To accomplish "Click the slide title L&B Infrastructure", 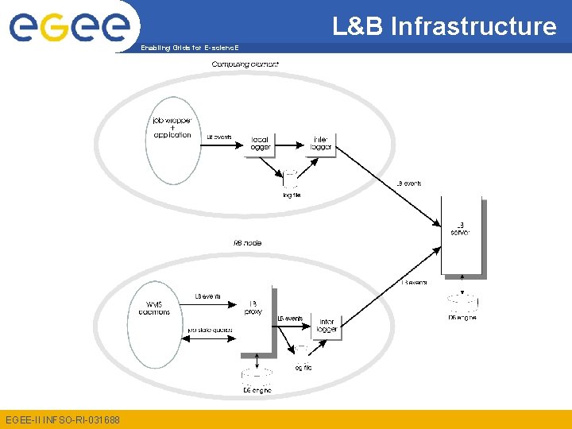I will (x=444, y=26).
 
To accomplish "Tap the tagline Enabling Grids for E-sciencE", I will (x=189, y=48).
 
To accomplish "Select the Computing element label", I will (x=245, y=64).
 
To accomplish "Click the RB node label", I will (x=247, y=243).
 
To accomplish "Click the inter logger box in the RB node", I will (x=327, y=325).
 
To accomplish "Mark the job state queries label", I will (x=210, y=330).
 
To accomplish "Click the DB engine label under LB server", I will (x=462, y=318).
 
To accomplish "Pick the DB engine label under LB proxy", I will (x=257, y=390).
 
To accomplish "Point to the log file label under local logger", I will (x=292, y=195).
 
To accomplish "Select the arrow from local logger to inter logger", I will (x=293, y=145).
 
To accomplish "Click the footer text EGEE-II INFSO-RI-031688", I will (x=63, y=419).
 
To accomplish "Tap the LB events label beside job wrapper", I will (x=219, y=137).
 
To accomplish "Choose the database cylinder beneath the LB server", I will (x=462, y=300).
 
